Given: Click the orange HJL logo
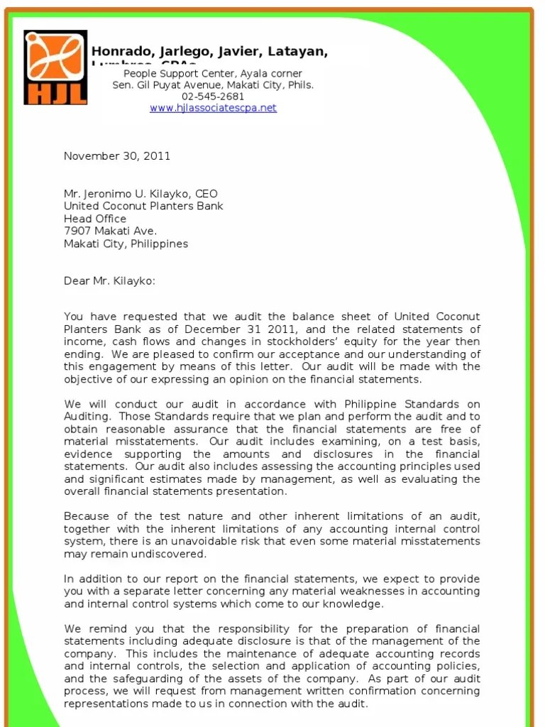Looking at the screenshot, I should click(55, 67).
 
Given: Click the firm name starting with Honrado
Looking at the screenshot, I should click(209, 52).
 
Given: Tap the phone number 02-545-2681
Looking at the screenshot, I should click(213, 97).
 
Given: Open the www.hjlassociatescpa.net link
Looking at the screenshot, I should click(213, 108).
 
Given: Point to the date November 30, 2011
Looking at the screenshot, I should click(117, 156).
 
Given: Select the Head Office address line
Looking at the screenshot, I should click(95, 219).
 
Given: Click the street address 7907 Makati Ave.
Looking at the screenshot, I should click(110, 231).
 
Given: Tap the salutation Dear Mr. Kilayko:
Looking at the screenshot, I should click(109, 281).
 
